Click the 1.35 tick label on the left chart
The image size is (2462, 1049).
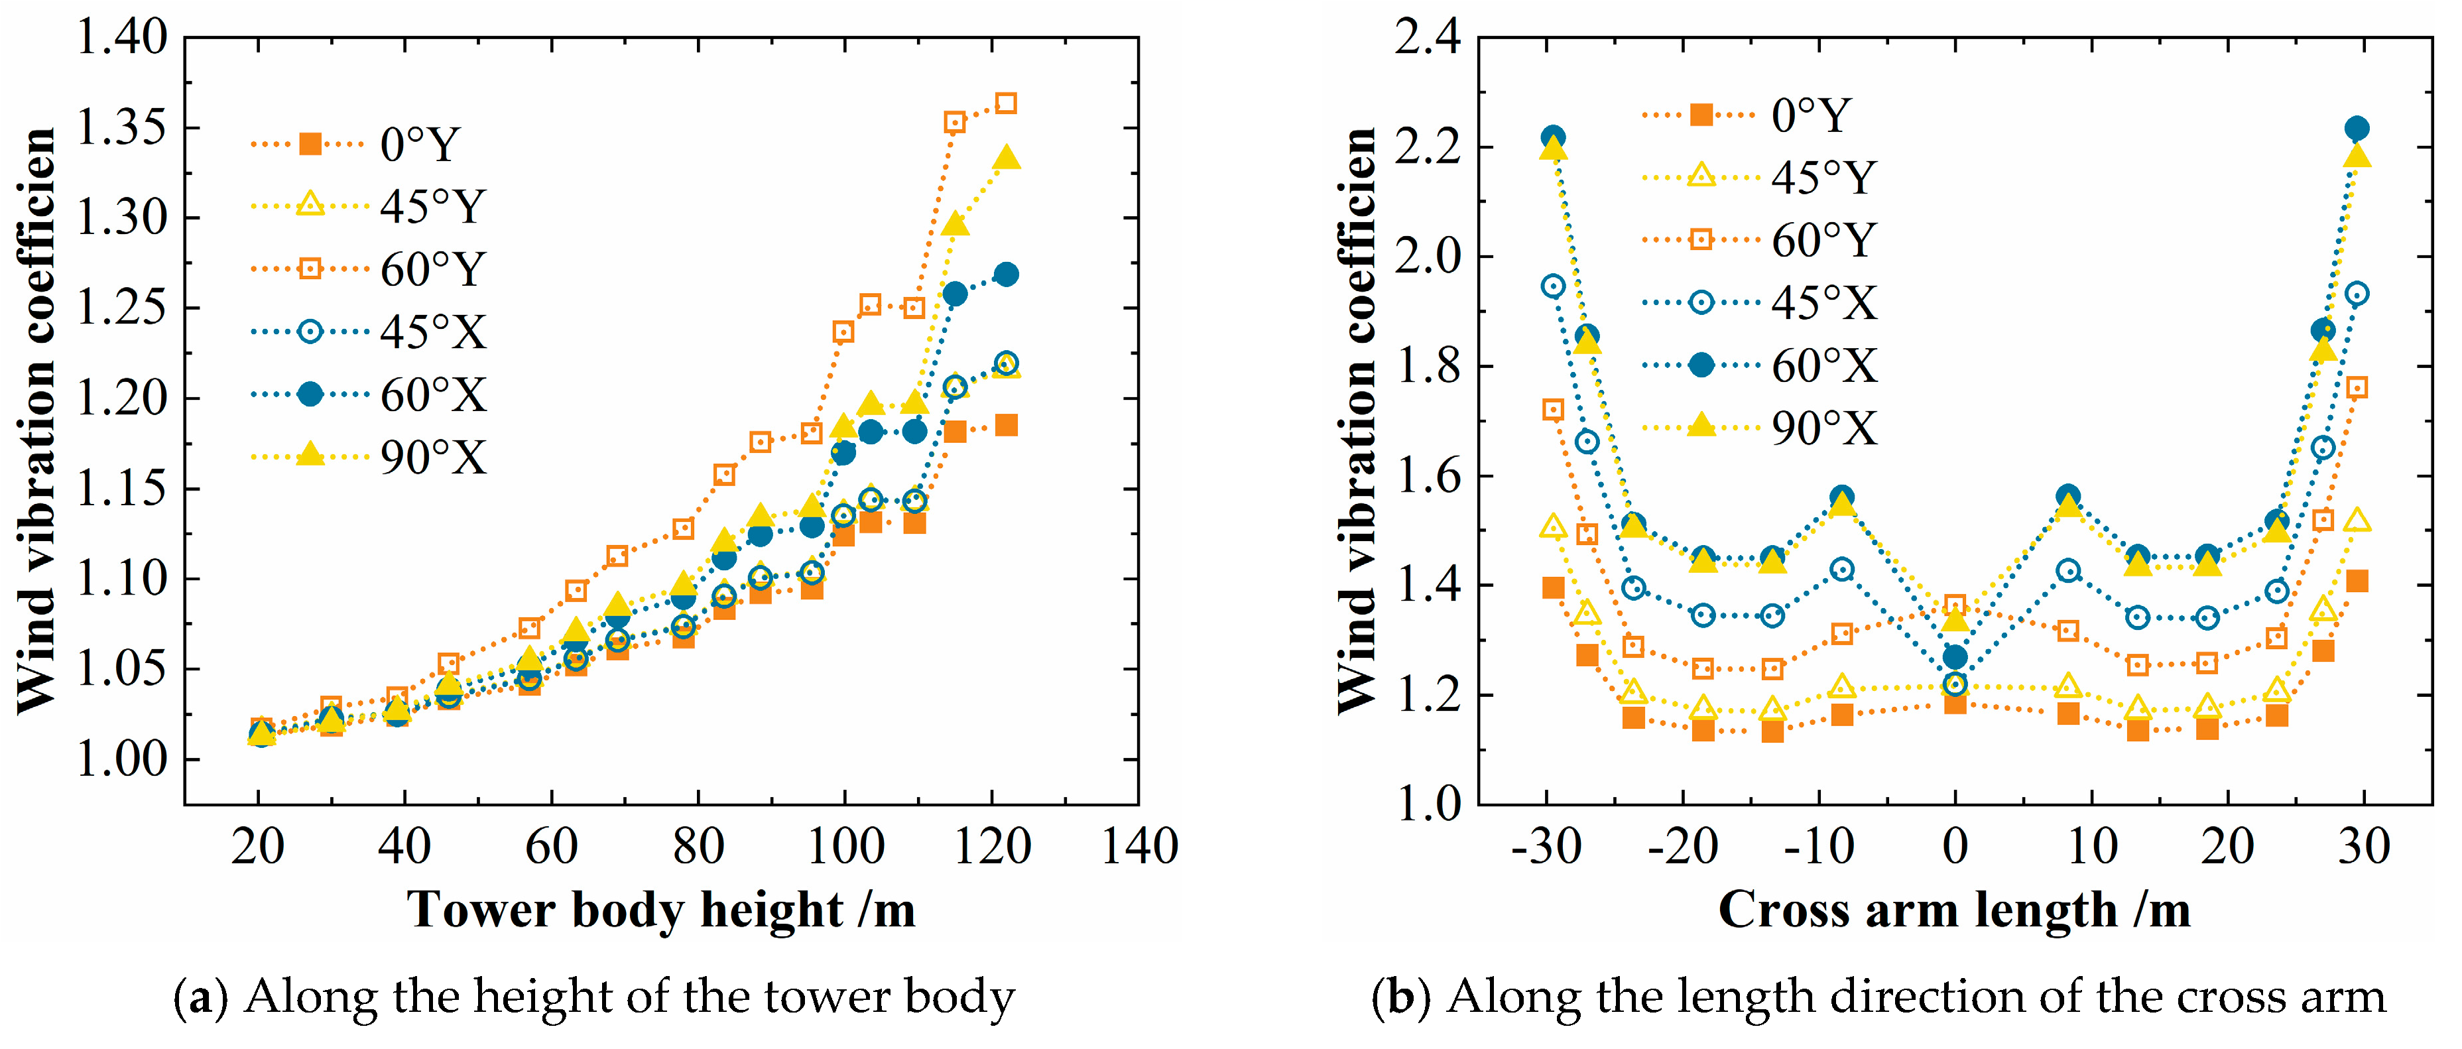point(121,128)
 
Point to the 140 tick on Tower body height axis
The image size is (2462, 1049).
point(1139,847)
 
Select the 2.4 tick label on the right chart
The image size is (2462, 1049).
point(1428,38)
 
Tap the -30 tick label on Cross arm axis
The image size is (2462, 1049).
point(1546,847)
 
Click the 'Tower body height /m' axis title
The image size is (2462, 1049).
point(661,910)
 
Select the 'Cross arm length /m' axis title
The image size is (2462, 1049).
point(1955,910)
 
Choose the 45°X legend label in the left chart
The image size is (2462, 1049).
point(433,332)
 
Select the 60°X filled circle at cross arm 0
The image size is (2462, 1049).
point(1955,657)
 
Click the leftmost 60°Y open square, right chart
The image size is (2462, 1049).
point(1553,410)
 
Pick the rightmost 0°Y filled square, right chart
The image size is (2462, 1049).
point(2357,581)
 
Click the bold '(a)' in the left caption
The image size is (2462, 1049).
point(201,997)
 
